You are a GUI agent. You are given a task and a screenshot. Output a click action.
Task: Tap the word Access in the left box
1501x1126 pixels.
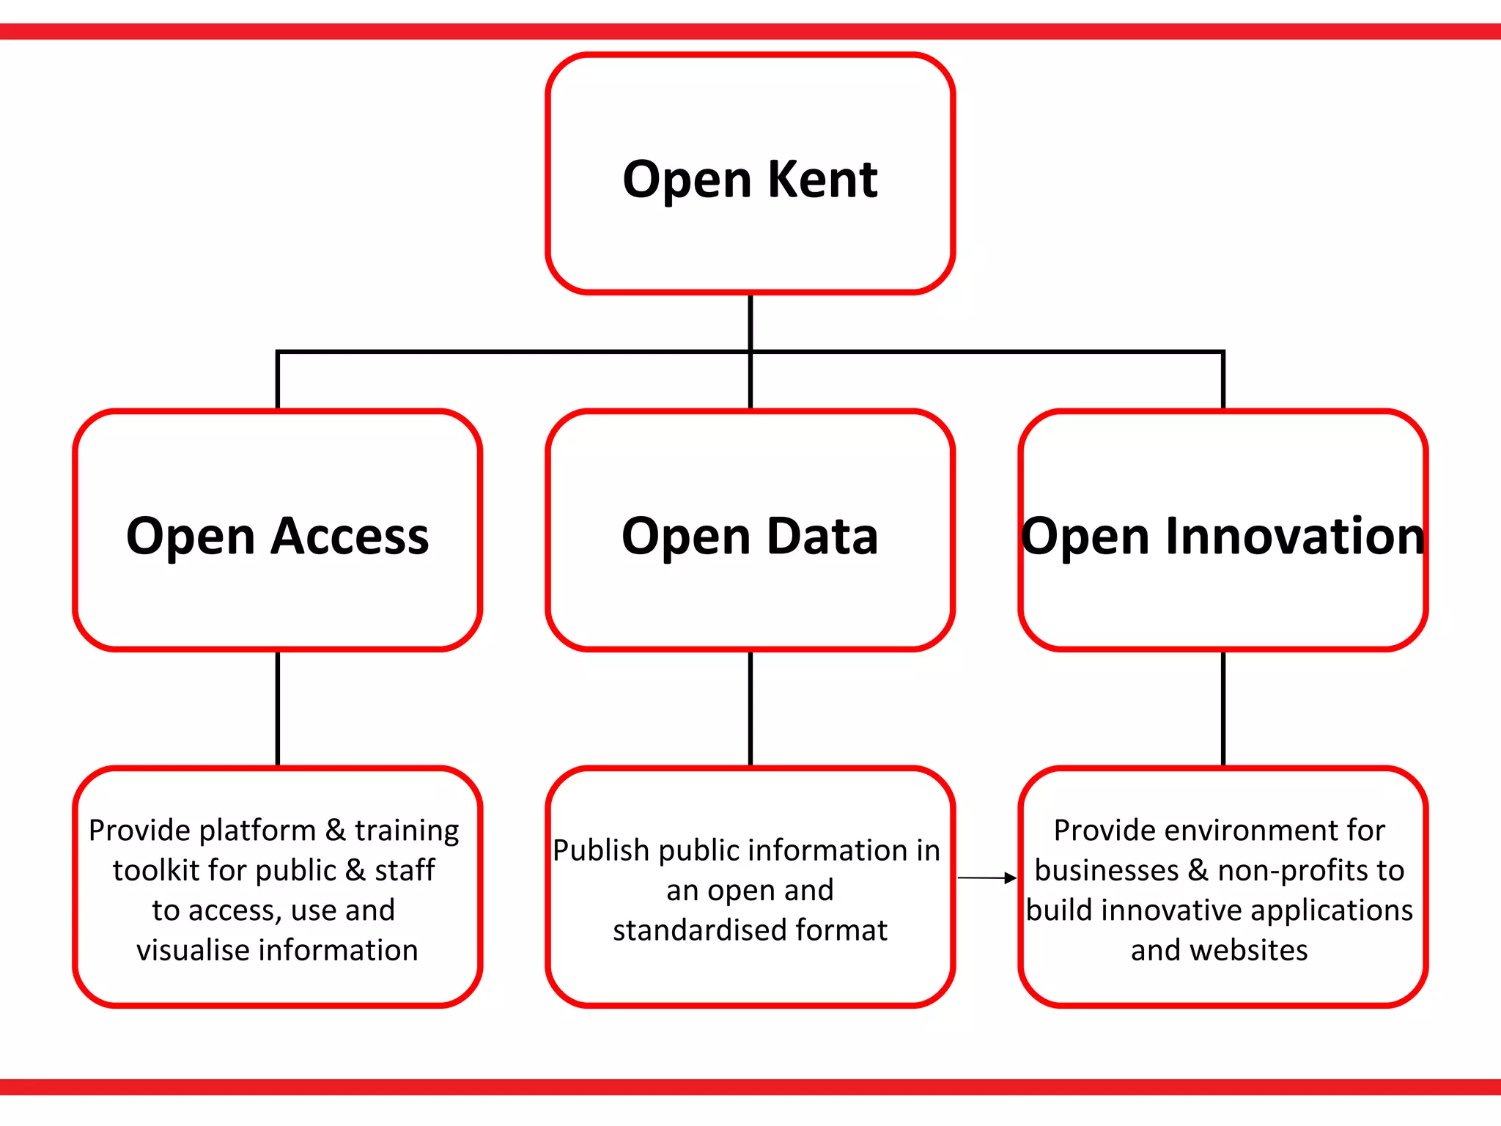tap(350, 537)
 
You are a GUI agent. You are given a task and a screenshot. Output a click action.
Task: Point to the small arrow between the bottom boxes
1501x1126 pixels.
tap(986, 877)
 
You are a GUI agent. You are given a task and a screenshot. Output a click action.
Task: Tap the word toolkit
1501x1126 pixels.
tap(156, 871)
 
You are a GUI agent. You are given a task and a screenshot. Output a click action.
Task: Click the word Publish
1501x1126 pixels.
tap(601, 851)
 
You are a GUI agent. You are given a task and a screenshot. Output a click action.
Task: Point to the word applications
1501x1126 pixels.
tap(1332, 911)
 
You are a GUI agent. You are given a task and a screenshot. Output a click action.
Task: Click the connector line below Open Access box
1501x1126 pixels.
tap(278, 707)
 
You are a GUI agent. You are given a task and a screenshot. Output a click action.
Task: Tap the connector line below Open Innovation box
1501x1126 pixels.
tap(1223, 707)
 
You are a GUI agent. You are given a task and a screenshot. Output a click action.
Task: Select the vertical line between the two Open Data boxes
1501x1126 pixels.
tap(750, 707)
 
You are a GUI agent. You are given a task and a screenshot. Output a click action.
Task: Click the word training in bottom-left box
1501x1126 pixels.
tap(407, 831)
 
